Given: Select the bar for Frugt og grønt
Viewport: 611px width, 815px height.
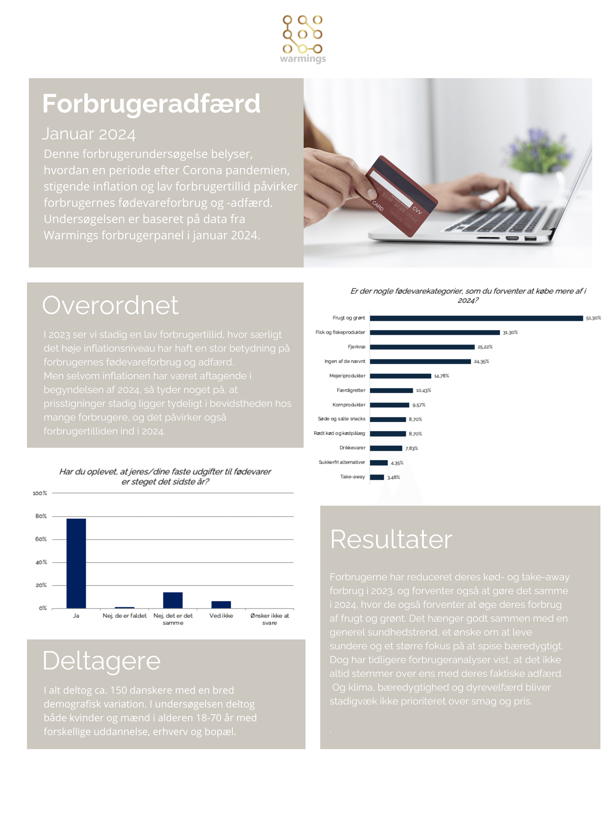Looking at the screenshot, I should [476, 318].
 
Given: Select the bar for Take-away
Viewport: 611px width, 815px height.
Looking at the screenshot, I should [377, 477].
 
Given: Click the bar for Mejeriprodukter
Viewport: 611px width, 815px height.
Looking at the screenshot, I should [400, 376].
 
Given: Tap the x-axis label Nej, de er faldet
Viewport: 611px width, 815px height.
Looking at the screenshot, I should [124, 616].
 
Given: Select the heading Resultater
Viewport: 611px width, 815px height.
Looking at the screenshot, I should [391, 539].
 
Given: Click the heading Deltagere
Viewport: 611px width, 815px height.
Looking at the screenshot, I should [102, 661].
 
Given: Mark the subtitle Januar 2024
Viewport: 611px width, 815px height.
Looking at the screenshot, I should [89, 134].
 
